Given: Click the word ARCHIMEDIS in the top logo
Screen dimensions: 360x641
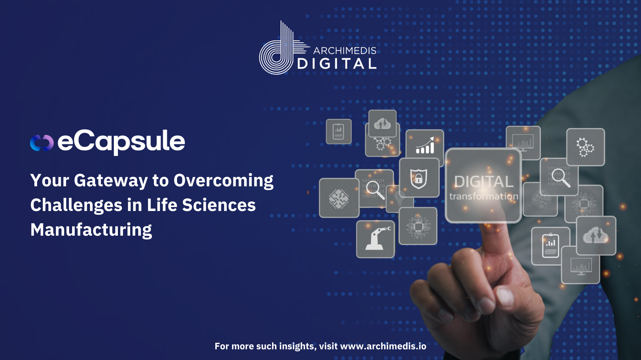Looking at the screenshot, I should point(345,51).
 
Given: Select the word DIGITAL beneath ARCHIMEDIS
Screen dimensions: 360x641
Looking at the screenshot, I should point(337,64).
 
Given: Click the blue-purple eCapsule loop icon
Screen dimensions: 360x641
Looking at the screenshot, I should point(42,143).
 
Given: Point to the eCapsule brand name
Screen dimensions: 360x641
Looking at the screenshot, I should point(121,142).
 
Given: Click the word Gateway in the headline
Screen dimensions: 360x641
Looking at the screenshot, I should point(111,181).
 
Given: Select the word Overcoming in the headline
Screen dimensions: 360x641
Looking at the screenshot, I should point(223,181).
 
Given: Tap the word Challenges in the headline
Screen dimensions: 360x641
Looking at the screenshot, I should point(76,205).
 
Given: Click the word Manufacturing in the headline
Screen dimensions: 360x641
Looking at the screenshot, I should point(91,230).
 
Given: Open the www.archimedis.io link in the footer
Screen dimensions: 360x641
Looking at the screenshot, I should point(383,346).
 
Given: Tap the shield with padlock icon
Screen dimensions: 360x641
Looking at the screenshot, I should point(419,178).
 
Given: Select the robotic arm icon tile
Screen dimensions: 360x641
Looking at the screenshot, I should point(376,239).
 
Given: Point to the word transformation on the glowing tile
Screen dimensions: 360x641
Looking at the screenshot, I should point(483,196).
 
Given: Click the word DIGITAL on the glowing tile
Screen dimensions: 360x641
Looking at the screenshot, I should point(483,182).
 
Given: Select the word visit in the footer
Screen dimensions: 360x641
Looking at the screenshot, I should point(328,346).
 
